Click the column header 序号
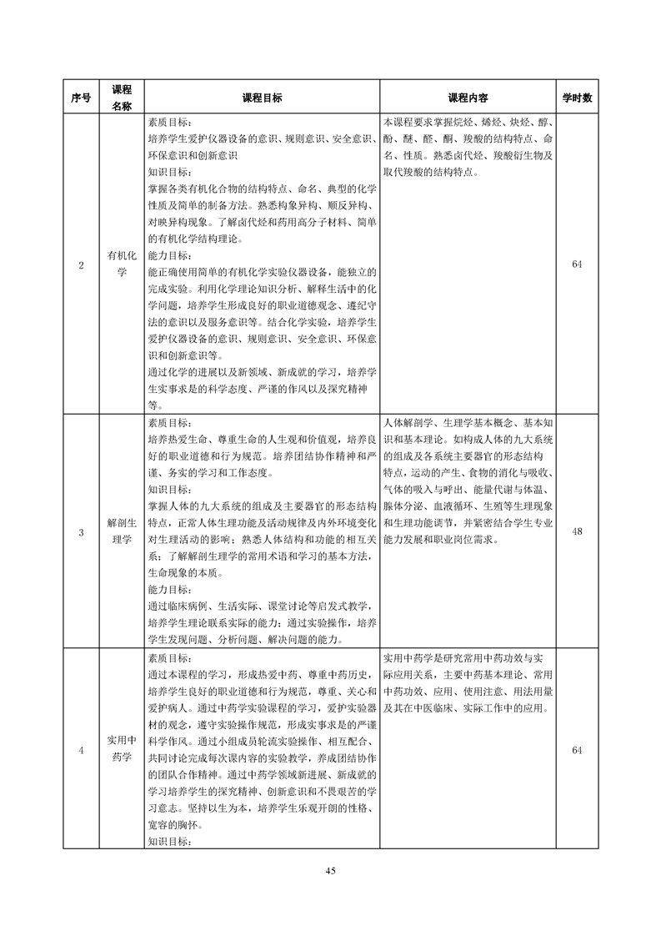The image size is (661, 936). [81, 98]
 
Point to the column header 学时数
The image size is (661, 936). [577, 98]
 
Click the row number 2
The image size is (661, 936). [81, 264]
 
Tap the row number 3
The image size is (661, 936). [81, 531]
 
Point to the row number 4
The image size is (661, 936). [81, 750]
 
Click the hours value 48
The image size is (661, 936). [577, 531]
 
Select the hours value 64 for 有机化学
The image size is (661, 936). [577, 264]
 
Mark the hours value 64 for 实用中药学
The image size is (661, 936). [577, 750]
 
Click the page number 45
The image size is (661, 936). [330, 871]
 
